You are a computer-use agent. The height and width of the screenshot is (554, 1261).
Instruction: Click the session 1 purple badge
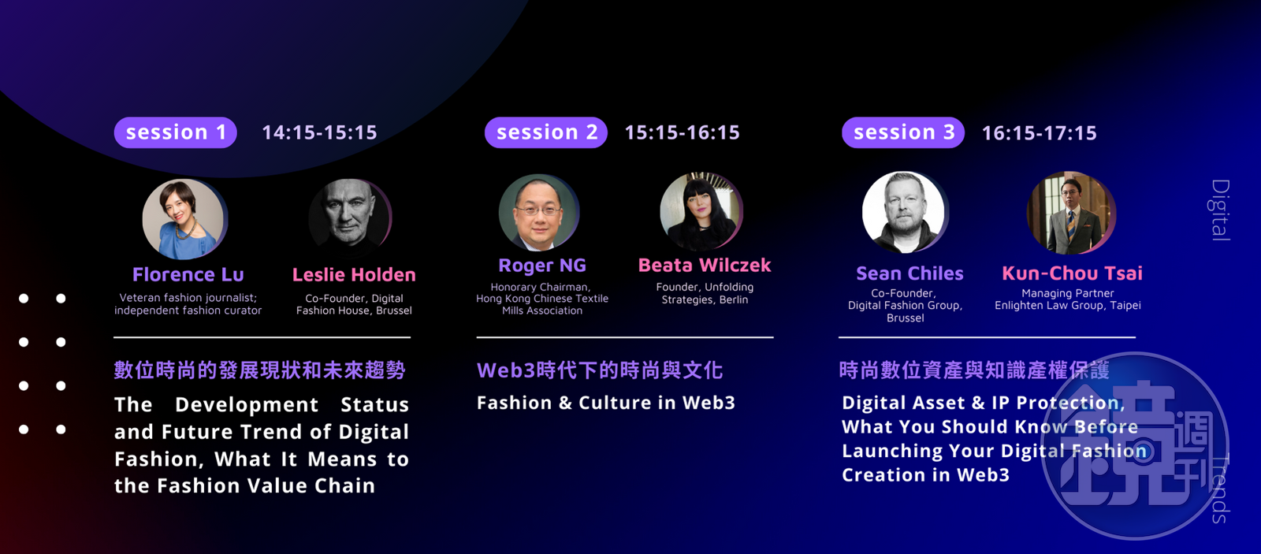pyautogui.click(x=175, y=132)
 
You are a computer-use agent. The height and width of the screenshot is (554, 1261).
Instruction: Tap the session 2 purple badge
pyautogui.click(x=545, y=132)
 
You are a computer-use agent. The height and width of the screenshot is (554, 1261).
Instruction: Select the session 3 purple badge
pyautogui.click(x=903, y=132)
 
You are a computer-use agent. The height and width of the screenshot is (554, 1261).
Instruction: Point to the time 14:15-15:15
pyautogui.click(x=319, y=133)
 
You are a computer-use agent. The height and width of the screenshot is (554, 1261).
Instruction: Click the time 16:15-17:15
pyautogui.click(x=1040, y=133)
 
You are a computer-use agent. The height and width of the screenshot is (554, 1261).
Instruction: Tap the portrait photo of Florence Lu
pyautogui.click(x=184, y=219)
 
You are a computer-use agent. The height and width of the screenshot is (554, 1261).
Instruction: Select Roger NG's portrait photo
pyautogui.click(x=539, y=212)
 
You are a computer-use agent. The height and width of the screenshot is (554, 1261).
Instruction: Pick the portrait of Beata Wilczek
pyautogui.click(x=701, y=211)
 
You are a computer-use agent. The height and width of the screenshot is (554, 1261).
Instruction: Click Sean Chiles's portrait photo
pyautogui.click(x=904, y=212)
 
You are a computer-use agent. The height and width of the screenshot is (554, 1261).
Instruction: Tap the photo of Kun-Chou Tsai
pyautogui.click(x=1070, y=212)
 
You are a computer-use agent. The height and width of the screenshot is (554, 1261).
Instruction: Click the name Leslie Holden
pyautogui.click(x=354, y=275)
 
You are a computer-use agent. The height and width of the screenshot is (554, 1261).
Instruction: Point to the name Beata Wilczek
pyautogui.click(x=705, y=265)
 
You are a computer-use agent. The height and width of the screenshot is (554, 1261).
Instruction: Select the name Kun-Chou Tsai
pyautogui.click(x=1072, y=273)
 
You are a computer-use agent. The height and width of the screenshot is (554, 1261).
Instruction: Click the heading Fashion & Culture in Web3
pyautogui.click(x=606, y=403)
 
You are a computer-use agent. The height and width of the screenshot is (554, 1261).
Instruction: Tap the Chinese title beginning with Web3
pyautogui.click(x=600, y=370)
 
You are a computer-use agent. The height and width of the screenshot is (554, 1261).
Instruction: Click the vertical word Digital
pyautogui.click(x=1220, y=210)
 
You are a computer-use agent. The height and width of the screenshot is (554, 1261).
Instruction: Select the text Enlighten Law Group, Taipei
pyautogui.click(x=1067, y=305)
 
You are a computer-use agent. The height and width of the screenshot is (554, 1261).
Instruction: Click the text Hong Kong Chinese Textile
pyautogui.click(x=542, y=299)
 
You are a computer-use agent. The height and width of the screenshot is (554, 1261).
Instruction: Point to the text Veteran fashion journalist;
pyautogui.click(x=188, y=298)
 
